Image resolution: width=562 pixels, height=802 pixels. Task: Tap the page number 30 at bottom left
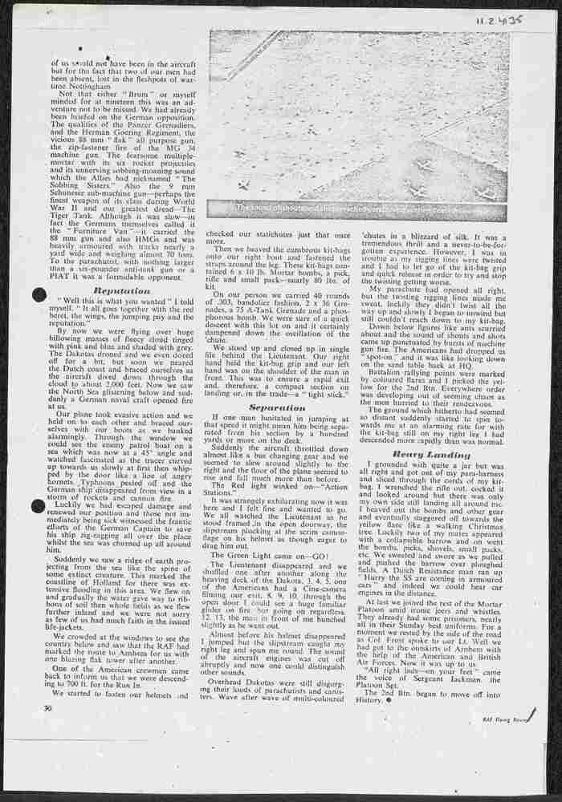(x=47, y=710)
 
